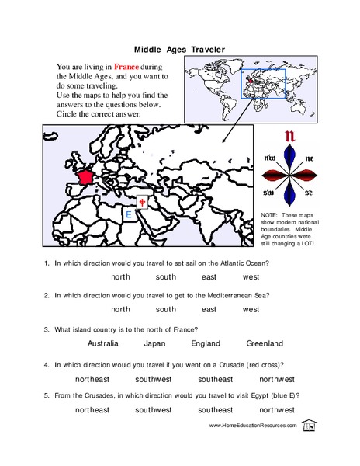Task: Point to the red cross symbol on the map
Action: coord(142,202)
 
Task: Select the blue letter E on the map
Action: coord(128,214)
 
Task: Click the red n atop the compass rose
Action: coord(291,138)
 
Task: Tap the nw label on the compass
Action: coord(270,158)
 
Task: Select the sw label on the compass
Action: coord(270,192)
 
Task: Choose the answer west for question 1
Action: coord(251,276)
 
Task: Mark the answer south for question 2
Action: coord(165,308)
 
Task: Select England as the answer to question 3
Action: coord(205,343)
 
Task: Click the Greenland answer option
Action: coord(265,343)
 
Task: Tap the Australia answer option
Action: coord(102,343)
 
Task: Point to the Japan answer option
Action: coord(155,343)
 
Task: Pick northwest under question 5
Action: coord(276,409)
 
